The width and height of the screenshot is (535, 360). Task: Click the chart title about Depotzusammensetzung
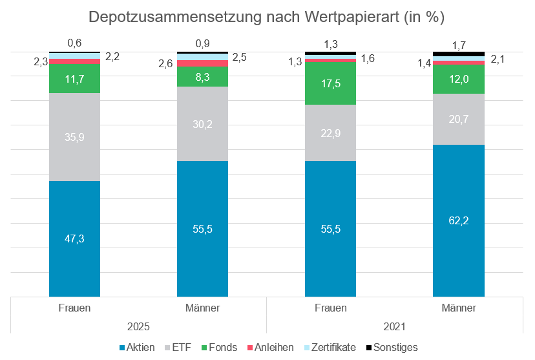coord(266,17)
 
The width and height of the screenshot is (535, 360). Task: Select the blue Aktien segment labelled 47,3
coord(74,238)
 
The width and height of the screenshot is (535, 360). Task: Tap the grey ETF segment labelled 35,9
coord(74,137)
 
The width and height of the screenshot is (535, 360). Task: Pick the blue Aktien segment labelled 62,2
coord(458,220)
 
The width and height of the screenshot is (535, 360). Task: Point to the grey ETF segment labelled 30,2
coord(202,124)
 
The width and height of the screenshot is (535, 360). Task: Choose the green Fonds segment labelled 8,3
coord(202,77)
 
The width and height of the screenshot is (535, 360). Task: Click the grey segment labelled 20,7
coord(458,119)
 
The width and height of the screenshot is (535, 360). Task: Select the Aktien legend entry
coord(137,347)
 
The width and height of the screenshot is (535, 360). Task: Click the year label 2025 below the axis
coord(138,326)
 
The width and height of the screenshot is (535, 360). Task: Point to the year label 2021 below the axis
coord(394,326)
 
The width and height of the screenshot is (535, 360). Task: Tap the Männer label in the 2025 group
coord(202,308)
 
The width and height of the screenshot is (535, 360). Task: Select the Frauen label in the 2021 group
coord(330,308)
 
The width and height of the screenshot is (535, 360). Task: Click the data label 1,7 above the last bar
coord(458,45)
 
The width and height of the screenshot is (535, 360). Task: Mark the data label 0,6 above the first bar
coord(74,43)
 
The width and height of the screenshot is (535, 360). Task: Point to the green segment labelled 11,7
coord(74,78)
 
